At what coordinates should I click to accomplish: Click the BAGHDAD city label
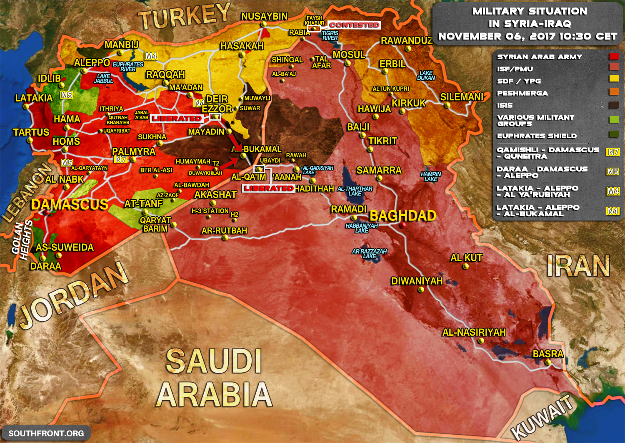click(402, 215)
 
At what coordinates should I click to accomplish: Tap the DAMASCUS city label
click(70, 204)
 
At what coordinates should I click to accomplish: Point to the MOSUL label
click(349, 55)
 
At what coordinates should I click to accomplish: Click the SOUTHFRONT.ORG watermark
click(46, 433)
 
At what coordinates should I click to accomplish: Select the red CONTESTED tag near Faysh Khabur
click(354, 25)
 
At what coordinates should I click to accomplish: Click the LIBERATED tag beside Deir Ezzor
click(176, 119)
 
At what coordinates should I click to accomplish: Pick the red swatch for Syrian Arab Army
click(614, 57)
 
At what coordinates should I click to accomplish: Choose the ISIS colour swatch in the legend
click(614, 105)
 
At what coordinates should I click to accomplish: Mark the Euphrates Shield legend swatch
click(614, 134)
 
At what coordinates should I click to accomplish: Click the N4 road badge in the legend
click(612, 211)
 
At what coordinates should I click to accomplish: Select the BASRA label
click(548, 354)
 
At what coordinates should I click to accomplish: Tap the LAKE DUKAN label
click(426, 75)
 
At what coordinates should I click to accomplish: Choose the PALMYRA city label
click(133, 151)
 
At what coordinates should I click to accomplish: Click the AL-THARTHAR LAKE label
click(355, 191)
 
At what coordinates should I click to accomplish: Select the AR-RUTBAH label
click(224, 230)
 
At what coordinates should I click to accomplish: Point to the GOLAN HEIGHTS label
click(22, 240)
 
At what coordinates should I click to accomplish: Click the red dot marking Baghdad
click(402, 225)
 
